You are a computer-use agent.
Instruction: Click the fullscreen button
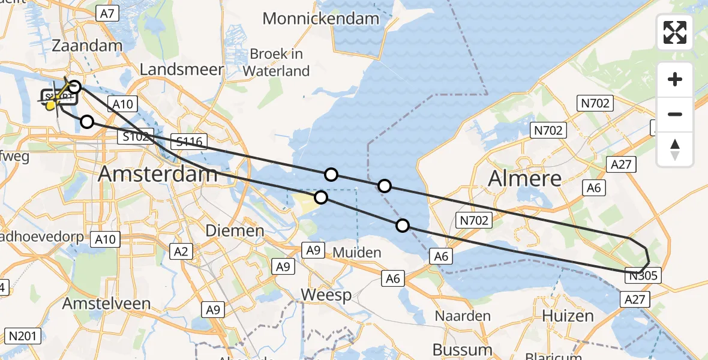point(675,32)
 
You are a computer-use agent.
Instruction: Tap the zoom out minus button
point(675,114)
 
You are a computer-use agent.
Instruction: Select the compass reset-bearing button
point(675,149)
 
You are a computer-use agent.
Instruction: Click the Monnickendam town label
point(321,19)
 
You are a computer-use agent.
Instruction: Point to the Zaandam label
point(87,46)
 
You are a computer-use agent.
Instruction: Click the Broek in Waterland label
point(277,62)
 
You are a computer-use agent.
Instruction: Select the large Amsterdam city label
point(158,174)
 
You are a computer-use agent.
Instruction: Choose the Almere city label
point(525,178)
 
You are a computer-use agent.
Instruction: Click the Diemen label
point(235,230)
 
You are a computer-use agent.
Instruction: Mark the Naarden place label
point(463,316)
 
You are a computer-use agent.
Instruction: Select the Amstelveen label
point(106,304)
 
